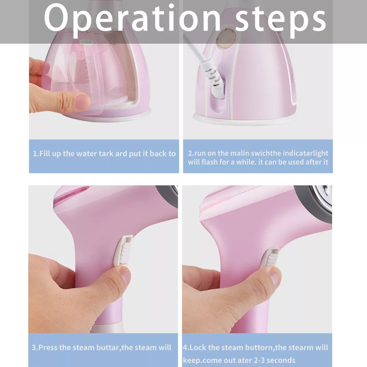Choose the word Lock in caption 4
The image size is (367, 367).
[x=198, y=347]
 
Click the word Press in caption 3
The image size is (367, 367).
[x=48, y=347]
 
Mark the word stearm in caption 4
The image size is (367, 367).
[x=301, y=347]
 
